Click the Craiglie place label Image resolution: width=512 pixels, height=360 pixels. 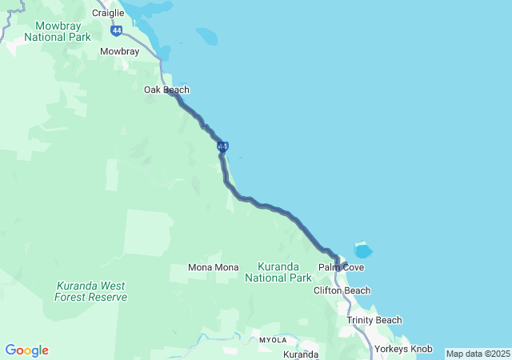tap(108, 13)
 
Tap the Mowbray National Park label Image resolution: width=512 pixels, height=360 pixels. tap(57, 31)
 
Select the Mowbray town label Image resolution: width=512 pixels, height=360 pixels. tap(119, 51)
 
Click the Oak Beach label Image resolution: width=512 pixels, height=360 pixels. tap(166, 90)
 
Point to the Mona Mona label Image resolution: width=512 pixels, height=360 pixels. tap(213, 267)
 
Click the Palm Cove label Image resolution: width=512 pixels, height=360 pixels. tap(341, 266)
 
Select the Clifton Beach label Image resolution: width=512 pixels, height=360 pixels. tap(342, 290)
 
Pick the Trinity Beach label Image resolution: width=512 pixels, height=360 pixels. tap(374, 320)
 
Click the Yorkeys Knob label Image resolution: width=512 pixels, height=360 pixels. tap(406, 349)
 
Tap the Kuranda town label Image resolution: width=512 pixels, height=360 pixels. tap(301, 354)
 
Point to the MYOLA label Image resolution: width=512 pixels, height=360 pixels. tap(273, 340)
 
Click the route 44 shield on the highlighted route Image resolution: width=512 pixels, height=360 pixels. tap(223, 146)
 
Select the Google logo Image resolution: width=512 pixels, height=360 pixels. tap(26, 350)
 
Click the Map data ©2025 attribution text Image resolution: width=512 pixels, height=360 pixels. tap(478, 354)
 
